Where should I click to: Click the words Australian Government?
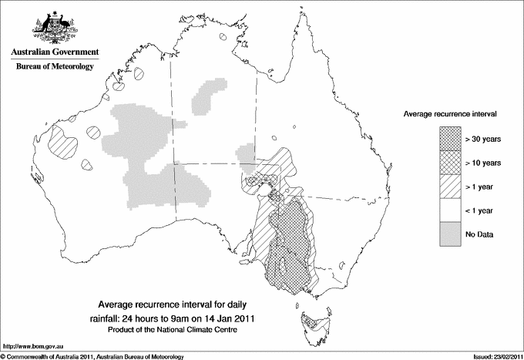coord(54,52)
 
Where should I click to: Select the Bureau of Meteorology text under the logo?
coord(54,67)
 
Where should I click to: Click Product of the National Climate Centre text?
coord(173,330)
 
